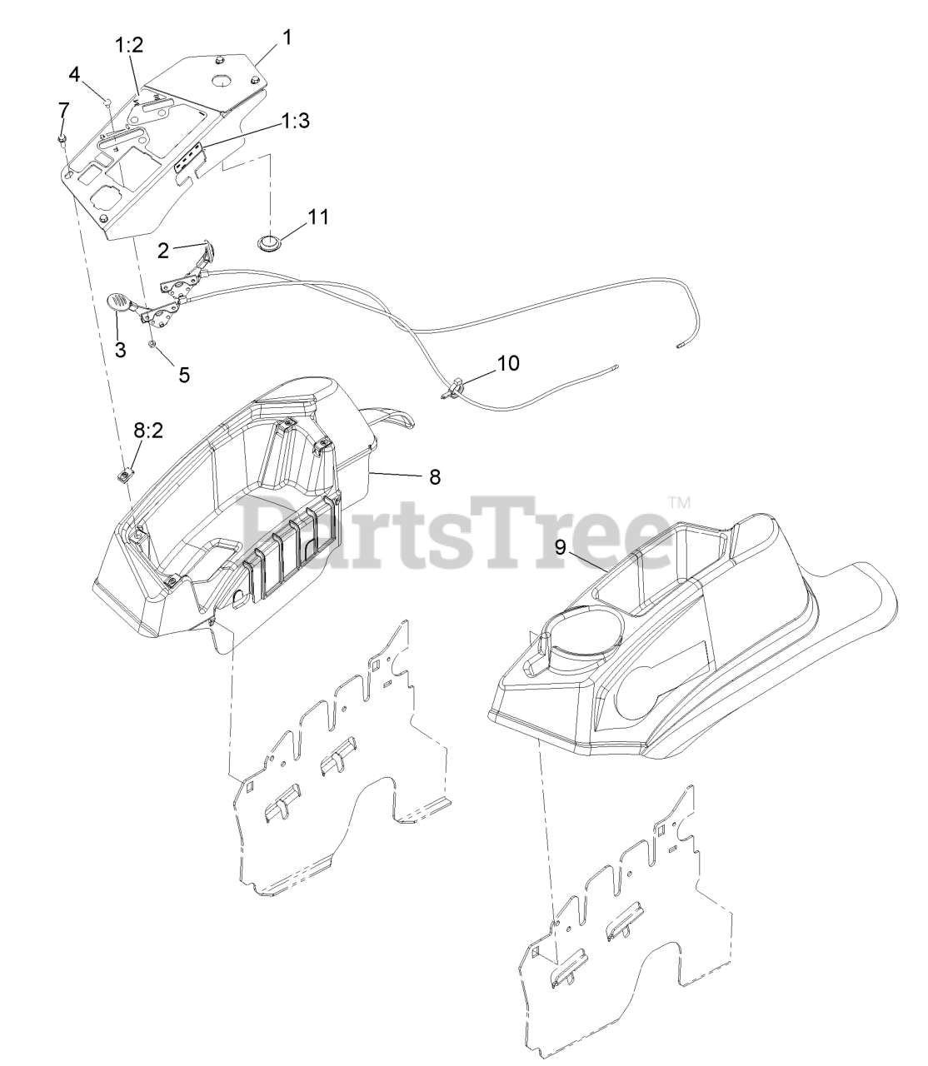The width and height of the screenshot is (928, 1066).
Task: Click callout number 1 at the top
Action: pyautogui.click(x=287, y=37)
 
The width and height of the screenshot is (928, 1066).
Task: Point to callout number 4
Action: pyautogui.click(x=75, y=74)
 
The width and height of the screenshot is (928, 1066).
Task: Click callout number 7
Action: pyautogui.click(x=63, y=109)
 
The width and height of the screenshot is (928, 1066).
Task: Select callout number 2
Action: pyautogui.click(x=163, y=249)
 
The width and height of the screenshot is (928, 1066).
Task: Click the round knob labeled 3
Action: pyautogui.click(x=117, y=303)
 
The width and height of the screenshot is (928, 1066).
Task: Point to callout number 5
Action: pyautogui.click(x=183, y=375)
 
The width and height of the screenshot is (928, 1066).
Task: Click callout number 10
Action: pyautogui.click(x=507, y=363)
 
